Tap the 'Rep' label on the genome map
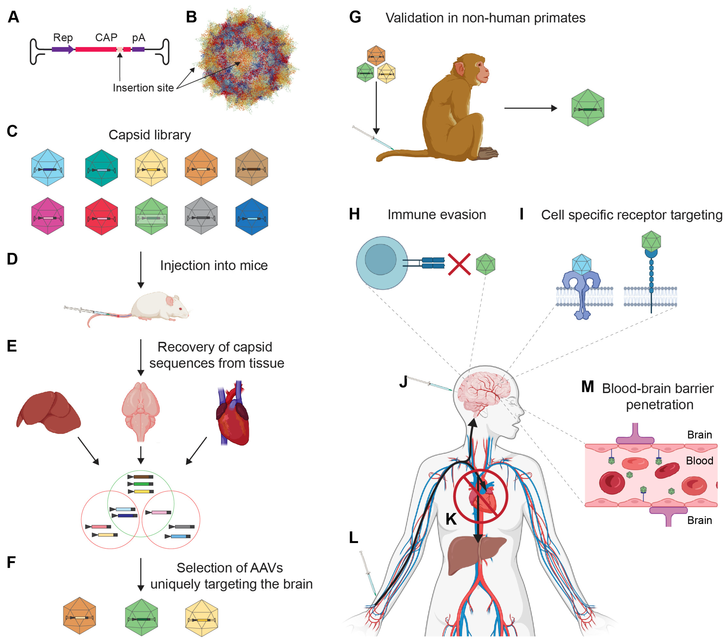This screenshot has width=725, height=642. [63, 38]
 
